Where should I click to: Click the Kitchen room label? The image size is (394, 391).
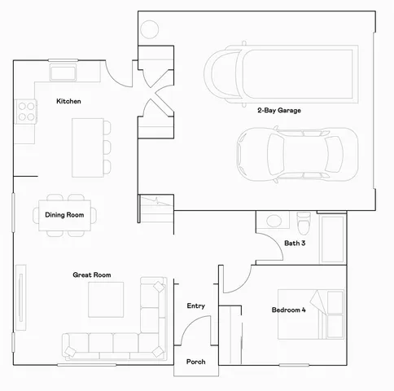68,101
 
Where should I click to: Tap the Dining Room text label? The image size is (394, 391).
64,215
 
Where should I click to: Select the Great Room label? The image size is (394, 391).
91,275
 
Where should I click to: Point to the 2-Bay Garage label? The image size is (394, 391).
280,109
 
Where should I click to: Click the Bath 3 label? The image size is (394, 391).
295,243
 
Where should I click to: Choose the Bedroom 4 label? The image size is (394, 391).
289,310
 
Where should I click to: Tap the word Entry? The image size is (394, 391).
195,305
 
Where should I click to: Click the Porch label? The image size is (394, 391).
195,362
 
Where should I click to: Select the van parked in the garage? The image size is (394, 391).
281,73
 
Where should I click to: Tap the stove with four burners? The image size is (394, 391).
26,111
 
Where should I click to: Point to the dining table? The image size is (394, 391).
64,215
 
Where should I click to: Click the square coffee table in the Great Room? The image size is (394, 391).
106,300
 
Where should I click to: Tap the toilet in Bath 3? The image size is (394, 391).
304,221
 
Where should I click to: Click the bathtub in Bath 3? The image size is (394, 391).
331,239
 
